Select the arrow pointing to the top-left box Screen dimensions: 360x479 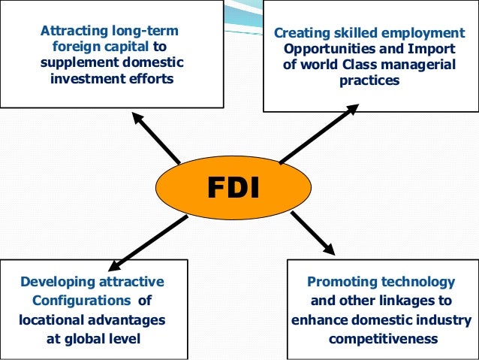156,138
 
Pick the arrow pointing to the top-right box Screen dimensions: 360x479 319,134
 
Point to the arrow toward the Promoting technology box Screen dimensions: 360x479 312,232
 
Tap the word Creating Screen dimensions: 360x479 299,33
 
